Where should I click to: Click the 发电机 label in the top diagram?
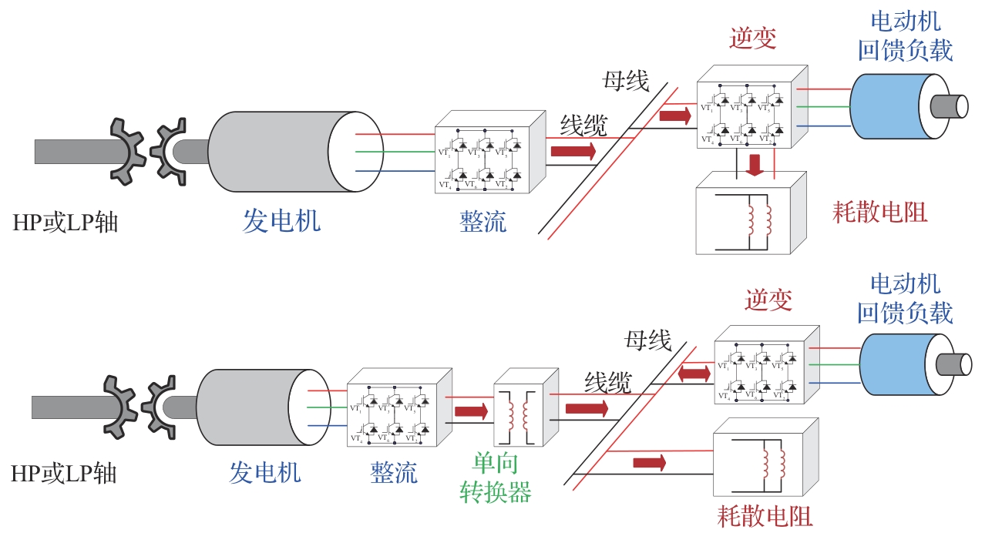click(x=281, y=222)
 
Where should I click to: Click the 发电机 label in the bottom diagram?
click(x=264, y=471)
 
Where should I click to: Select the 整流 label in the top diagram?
click(x=483, y=222)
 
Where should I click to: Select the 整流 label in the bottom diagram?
click(x=394, y=471)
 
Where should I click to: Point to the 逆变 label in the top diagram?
click(x=752, y=38)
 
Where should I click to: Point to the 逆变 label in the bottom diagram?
click(x=768, y=300)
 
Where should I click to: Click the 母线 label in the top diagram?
click(x=626, y=80)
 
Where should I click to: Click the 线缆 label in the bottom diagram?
click(x=608, y=381)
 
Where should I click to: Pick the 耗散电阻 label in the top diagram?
click(x=880, y=211)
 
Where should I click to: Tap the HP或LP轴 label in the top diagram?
click(x=66, y=223)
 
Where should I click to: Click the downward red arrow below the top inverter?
click(x=756, y=164)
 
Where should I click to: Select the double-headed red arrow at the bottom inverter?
click(x=694, y=374)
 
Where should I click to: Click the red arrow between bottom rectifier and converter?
click(x=472, y=411)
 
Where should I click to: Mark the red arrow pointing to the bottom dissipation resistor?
click(x=649, y=462)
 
